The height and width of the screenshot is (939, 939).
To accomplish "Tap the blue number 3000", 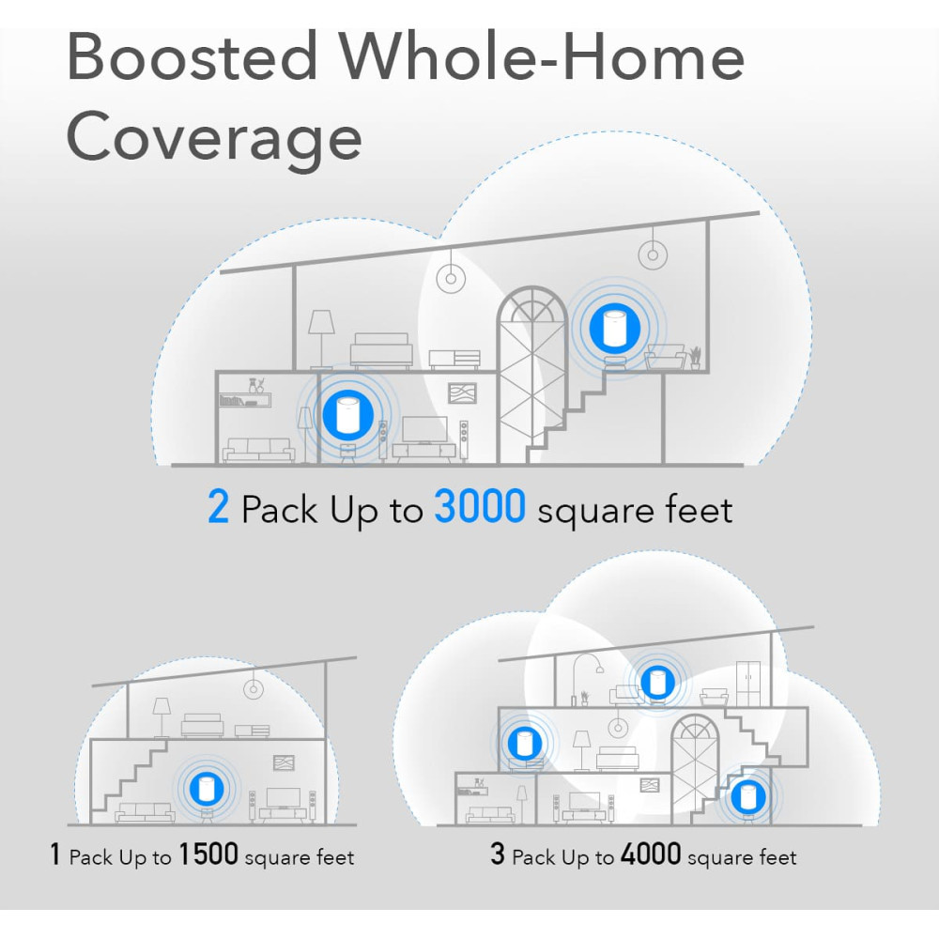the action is click(x=480, y=507).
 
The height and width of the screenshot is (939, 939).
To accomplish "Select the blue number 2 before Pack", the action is click(x=219, y=507).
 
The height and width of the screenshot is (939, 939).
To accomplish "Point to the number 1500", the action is click(x=208, y=854).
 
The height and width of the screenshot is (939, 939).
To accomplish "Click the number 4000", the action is click(x=651, y=854).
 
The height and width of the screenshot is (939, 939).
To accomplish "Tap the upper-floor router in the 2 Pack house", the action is click(x=614, y=328).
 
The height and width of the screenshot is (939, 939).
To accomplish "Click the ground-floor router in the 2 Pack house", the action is click(x=347, y=415).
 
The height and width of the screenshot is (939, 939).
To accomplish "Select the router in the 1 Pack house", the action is click(x=207, y=788).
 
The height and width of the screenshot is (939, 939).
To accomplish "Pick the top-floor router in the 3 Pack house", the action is click(x=657, y=682).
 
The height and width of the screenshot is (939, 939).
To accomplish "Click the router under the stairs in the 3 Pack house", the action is click(x=747, y=797).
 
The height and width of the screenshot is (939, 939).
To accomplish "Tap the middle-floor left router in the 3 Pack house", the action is click(x=525, y=743).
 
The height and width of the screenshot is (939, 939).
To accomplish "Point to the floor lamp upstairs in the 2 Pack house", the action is click(x=321, y=339).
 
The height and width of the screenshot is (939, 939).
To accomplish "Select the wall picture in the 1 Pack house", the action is click(x=284, y=762).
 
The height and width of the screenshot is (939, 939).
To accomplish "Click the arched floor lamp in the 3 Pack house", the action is click(x=588, y=679).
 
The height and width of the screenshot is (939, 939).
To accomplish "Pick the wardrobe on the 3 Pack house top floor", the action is click(x=748, y=684).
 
